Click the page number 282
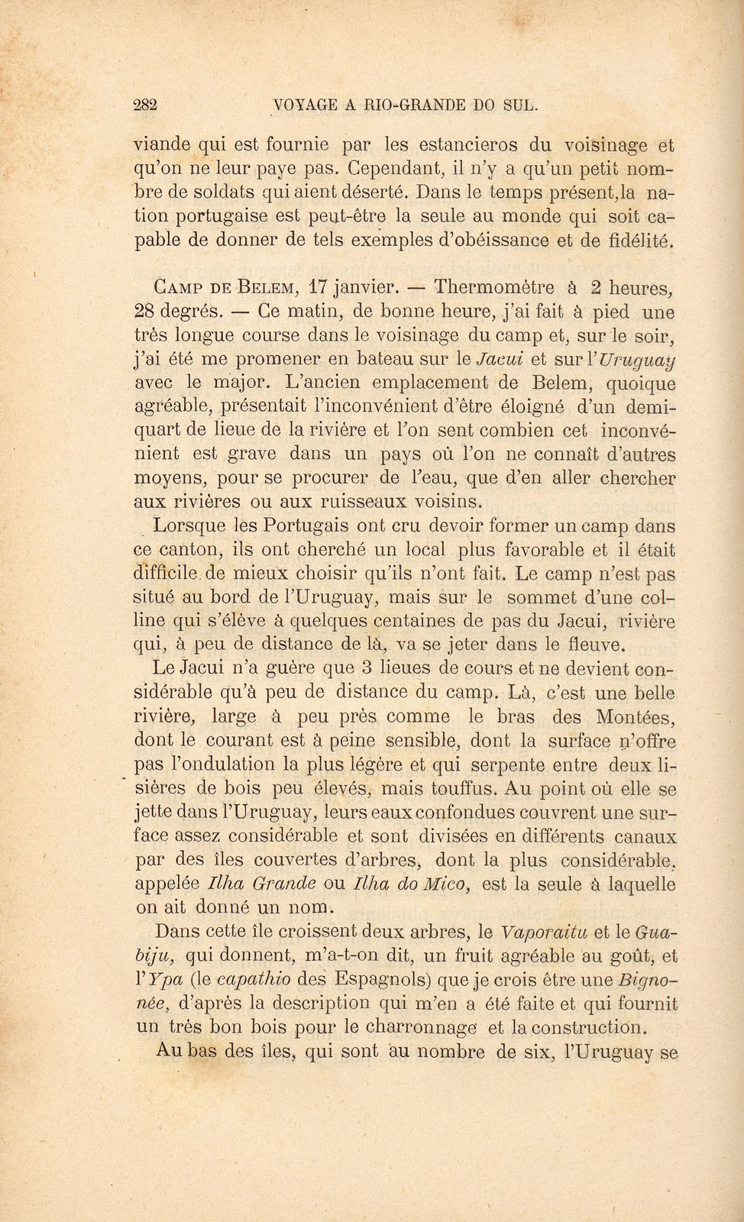pyautogui.click(x=144, y=105)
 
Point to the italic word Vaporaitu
pyautogui.click(x=544, y=932)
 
